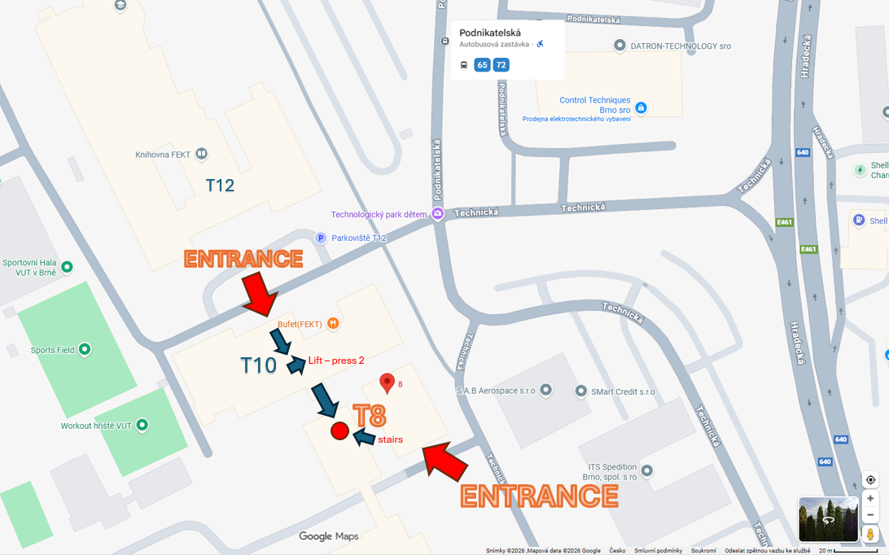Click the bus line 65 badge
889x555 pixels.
click(x=482, y=64)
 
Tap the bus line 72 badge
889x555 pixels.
click(x=501, y=64)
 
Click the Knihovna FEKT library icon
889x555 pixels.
click(x=201, y=154)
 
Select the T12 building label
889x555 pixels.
click(x=220, y=186)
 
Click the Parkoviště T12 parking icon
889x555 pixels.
click(x=321, y=238)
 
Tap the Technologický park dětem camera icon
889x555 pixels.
click(x=437, y=214)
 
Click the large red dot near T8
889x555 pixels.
click(x=339, y=431)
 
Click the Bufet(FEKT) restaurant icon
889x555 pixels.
click(x=332, y=323)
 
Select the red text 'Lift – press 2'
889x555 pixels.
click(x=335, y=361)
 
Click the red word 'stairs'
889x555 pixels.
click(x=390, y=439)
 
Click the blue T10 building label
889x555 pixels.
click(x=259, y=365)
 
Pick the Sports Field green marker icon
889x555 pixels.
click(x=85, y=350)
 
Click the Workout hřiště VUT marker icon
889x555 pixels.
click(x=142, y=425)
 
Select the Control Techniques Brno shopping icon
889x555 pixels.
click(x=641, y=107)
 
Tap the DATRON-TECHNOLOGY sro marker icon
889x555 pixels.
click(x=620, y=46)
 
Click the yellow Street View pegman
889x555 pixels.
click(x=870, y=534)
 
